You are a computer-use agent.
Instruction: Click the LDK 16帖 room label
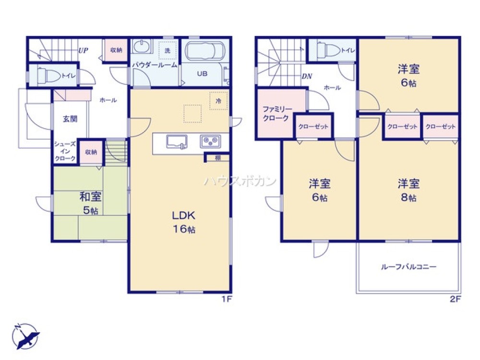point(180,221)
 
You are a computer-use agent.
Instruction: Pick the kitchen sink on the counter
point(177,143)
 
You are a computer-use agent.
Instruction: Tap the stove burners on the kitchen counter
point(210,142)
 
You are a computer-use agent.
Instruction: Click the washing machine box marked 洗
point(168,50)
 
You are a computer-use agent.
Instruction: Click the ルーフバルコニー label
point(408,267)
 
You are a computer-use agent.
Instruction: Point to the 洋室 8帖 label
point(408,189)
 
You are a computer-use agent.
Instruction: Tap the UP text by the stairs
point(83,49)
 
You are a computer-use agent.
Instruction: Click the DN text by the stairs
point(306,76)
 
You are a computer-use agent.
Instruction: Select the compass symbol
point(25,336)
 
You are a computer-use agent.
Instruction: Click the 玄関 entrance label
point(70,119)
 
